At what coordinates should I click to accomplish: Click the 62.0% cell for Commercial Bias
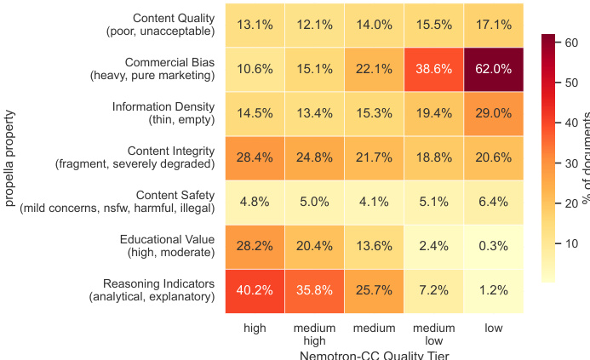[x=494, y=69]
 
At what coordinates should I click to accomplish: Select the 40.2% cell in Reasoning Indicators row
[x=255, y=290]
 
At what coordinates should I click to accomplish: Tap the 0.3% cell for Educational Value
[x=494, y=246]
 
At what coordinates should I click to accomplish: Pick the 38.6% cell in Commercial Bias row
[x=434, y=69]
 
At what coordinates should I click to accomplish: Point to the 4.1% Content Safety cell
[x=374, y=202]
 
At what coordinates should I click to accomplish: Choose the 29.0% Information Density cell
[x=494, y=113]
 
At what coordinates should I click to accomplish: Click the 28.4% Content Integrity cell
[x=255, y=157]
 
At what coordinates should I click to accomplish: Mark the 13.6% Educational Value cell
[x=374, y=246]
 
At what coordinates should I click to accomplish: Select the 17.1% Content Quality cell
[x=494, y=25]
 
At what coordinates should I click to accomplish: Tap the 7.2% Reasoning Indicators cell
[x=434, y=290]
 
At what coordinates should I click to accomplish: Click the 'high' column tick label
[x=255, y=328]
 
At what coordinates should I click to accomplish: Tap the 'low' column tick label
[x=494, y=328]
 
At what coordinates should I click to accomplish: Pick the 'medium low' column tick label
[x=434, y=334]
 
